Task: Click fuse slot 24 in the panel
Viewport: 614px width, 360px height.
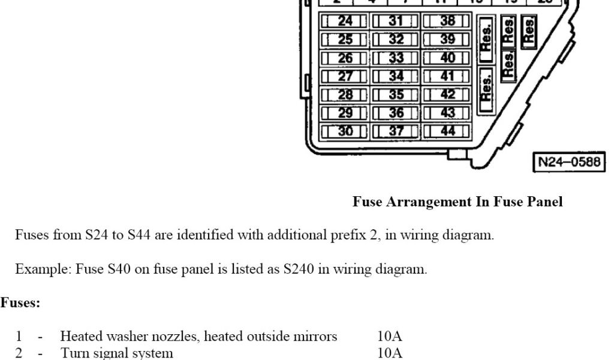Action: pos(345,22)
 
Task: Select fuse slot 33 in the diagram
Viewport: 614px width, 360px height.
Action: pos(396,59)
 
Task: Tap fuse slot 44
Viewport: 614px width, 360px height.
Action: pos(447,131)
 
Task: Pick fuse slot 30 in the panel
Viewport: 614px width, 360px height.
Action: pos(345,131)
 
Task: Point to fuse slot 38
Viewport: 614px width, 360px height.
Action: pos(447,22)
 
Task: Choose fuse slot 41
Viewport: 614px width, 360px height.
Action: pos(447,77)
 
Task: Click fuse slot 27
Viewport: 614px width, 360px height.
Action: pos(345,77)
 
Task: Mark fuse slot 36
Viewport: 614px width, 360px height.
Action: pos(396,113)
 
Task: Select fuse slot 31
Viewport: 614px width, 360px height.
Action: pos(396,22)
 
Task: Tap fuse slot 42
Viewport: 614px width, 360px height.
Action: pos(447,95)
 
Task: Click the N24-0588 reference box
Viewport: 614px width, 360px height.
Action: pos(568,161)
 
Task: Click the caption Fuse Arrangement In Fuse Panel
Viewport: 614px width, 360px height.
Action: pos(458,202)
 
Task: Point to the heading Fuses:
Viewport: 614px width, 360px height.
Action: pos(20,303)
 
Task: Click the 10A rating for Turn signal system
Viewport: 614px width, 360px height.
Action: pos(390,353)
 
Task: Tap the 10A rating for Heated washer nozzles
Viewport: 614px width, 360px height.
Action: pos(390,337)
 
